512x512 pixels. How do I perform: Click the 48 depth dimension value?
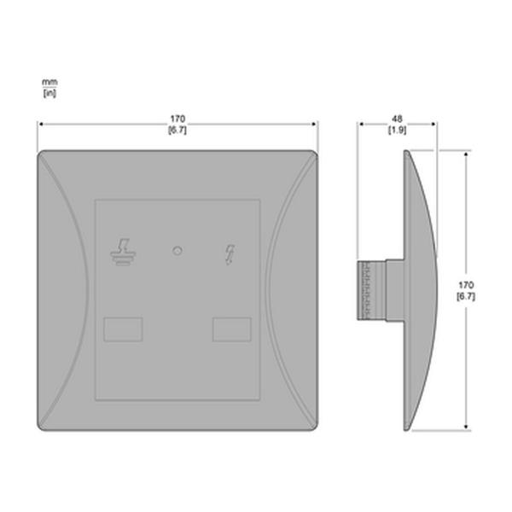[x=397, y=119]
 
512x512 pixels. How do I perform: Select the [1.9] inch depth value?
[x=397, y=130]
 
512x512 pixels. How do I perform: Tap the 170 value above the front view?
[x=177, y=119]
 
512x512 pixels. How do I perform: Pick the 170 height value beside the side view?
[x=466, y=285]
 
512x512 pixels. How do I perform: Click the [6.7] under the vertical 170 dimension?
[x=466, y=296]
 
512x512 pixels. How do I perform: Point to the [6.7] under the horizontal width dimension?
[x=177, y=130]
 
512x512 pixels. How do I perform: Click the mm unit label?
[x=49, y=82]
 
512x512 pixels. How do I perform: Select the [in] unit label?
[x=49, y=93]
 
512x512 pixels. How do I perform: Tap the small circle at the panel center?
[x=177, y=251]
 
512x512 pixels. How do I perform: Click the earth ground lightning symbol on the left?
[x=123, y=252]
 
